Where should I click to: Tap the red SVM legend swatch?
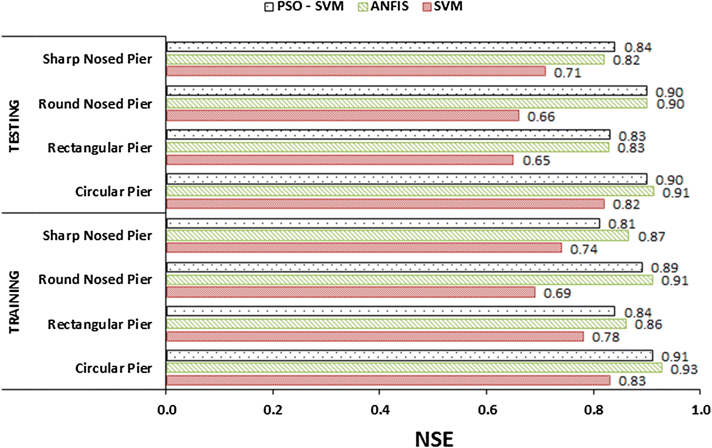pyautogui.click(x=427, y=7)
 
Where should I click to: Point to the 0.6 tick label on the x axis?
pyautogui.click(x=487, y=410)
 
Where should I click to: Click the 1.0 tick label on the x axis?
pyautogui.click(x=700, y=410)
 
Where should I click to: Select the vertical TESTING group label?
pyautogui.click(x=15, y=126)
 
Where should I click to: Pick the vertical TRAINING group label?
pyautogui.click(x=15, y=302)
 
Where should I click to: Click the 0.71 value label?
pyautogui.click(x=568, y=73)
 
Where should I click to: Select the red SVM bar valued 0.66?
pyautogui.click(x=342, y=116)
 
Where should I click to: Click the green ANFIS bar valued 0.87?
pyautogui.click(x=397, y=235)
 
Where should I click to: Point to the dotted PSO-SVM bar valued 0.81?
pyautogui.click(x=383, y=223)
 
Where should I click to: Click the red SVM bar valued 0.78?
pyautogui.click(x=375, y=336)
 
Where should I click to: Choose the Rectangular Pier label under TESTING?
pyautogui.click(x=100, y=148)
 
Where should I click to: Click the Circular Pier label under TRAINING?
pyautogui.click(x=114, y=369)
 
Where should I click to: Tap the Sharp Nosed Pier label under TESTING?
pyautogui.click(x=97, y=59)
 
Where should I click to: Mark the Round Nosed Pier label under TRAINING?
pyautogui.click(x=95, y=280)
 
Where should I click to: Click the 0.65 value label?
pyautogui.click(x=537, y=161)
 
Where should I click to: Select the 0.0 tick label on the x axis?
pyautogui.click(x=166, y=410)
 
